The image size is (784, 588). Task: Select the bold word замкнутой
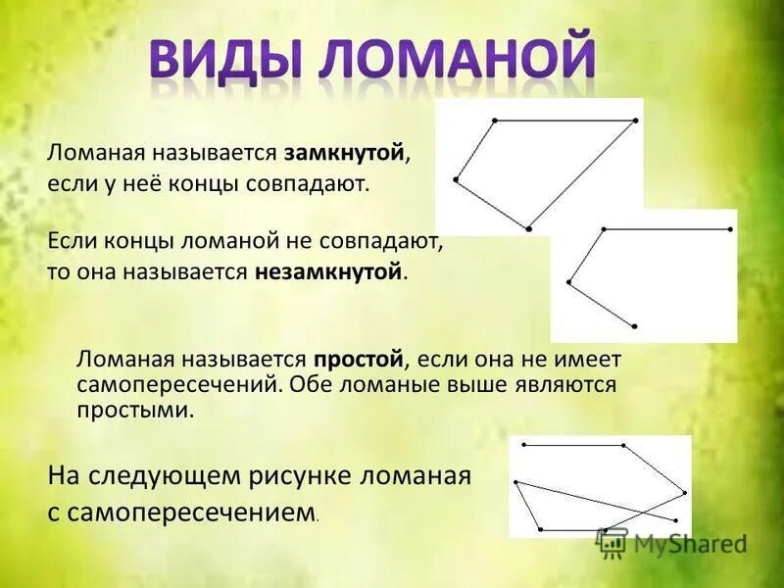345,153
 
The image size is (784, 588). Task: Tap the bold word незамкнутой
329,270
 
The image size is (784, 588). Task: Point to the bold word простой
359,360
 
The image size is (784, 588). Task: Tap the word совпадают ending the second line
320,183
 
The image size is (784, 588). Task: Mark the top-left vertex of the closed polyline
494,121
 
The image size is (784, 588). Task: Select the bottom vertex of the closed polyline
528,229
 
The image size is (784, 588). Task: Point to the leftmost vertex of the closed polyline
456,179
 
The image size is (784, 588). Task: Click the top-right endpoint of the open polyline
731,229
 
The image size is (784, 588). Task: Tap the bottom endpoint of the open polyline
635,325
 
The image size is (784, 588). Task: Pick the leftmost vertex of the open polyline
568,282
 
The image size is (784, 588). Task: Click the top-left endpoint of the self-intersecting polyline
524,445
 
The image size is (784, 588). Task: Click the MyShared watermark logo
672,541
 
